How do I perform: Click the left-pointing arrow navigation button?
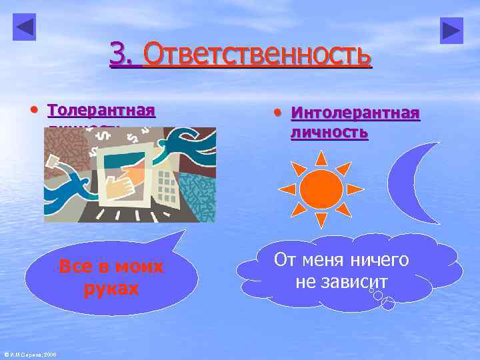pyautogui.click(x=25, y=27)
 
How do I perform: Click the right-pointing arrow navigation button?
pyautogui.click(x=451, y=30)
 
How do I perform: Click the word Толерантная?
pyautogui.click(x=101, y=109)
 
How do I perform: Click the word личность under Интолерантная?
pyautogui.click(x=329, y=132)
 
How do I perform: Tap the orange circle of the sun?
pyautogui.click(x=321, y=189)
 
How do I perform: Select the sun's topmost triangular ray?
pyautogui.click(x=321, y=157)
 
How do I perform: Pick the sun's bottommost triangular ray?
pyautogui.click(x=321, y=220)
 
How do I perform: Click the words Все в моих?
pyautogui.click(x=111, y=267)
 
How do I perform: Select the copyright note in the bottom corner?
pyautogui.click(x=30, y=354)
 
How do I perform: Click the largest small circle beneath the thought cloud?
pyautogui.click(x=388, y=304)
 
